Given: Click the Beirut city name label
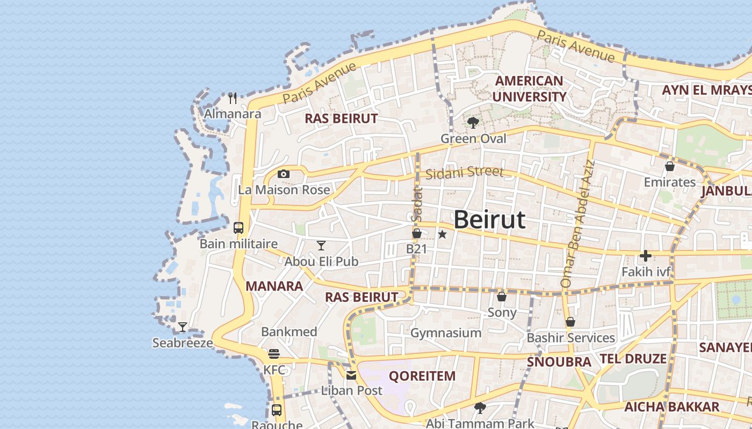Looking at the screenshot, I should pyautogui.click(x=489, y=220).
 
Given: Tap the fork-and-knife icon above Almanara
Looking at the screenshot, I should pyautogui.click(x=233, y=98).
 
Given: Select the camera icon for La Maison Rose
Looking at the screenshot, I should pyautogui.click(x=284, y=174).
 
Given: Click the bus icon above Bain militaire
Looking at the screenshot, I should pyautogui.click(x=238, y=228).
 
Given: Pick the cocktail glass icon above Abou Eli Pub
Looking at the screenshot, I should pyautogui.click(x=321, y=246).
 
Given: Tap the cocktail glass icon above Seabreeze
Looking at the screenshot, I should pyautogui.click(x=183, y=327).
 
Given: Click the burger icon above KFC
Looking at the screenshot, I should pyautogui.click(x=274, y=354).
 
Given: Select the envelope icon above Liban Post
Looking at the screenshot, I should pyautogui.click(x=351, y=375).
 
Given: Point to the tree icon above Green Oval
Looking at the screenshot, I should pyautogui.click(x=473, y=123).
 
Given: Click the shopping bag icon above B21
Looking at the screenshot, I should pyautogui.click(x=416, y=233).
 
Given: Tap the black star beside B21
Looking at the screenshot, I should pyautogui.click(x=442, y=234).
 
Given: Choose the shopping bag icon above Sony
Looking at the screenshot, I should pyautogui.click(x=502, y=297).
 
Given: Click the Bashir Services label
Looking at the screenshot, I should pyautogui.click(x=570, y=338).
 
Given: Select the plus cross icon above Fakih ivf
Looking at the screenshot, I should pyautogui.click(x=646, y=256).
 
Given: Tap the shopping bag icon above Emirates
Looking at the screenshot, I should pyautogui.click(x=670, y=166).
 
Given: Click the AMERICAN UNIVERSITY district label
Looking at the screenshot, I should pyautogui.click(x=529, y=89).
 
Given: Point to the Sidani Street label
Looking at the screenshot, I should pyautogui.click(x=465, y=173).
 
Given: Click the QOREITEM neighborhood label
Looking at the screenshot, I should pyautogui.click(x=422, y=376).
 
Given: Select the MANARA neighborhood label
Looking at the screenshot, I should pyautogui.click(x=274, y=286).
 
